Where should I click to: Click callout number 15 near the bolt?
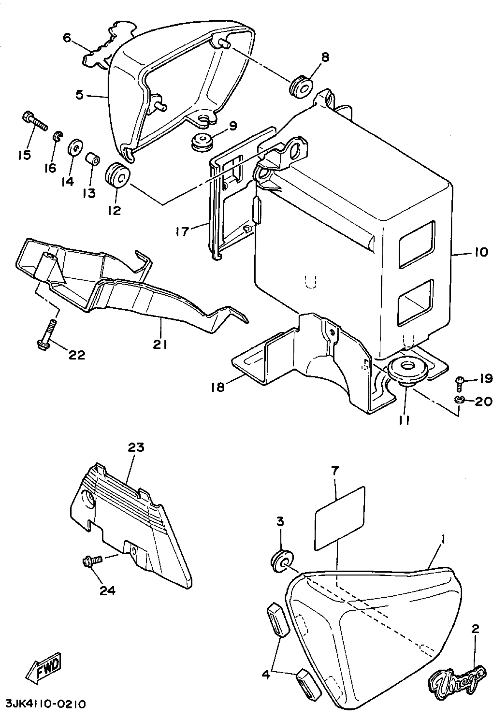(x=24, y=154)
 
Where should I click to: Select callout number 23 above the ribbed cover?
(x=136, y=447)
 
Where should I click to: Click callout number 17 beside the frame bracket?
(x=183, y=232)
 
